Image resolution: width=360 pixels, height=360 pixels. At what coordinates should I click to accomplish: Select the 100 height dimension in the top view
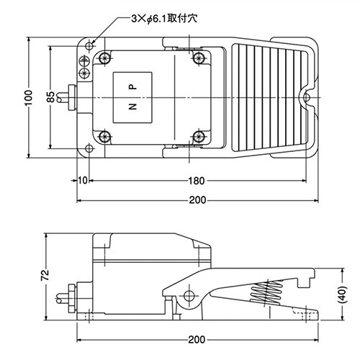point(29,97)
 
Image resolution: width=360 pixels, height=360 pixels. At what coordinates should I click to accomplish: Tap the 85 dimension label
point(51,97)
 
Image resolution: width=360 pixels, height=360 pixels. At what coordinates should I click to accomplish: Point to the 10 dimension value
point(83,181)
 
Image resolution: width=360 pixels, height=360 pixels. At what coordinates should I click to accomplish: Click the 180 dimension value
point(197,181)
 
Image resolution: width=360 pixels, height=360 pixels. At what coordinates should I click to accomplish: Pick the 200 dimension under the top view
point(198,200)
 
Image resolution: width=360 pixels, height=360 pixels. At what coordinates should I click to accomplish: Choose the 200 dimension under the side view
point(197,340)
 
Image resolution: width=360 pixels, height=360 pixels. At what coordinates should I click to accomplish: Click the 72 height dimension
point(45,275)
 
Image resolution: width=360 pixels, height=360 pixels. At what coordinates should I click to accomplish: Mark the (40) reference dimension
point(343,294)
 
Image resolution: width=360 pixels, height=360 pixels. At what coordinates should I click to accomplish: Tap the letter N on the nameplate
point(132,107)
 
